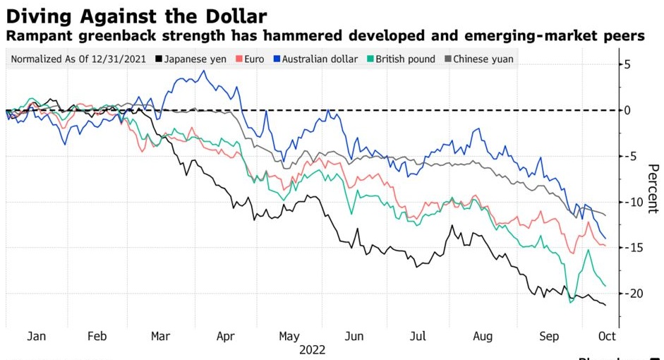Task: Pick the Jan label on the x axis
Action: point(37,337)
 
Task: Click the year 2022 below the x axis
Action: point(313,349)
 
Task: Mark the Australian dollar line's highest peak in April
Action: point(204,71)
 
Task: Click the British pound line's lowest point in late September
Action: point(571,302)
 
